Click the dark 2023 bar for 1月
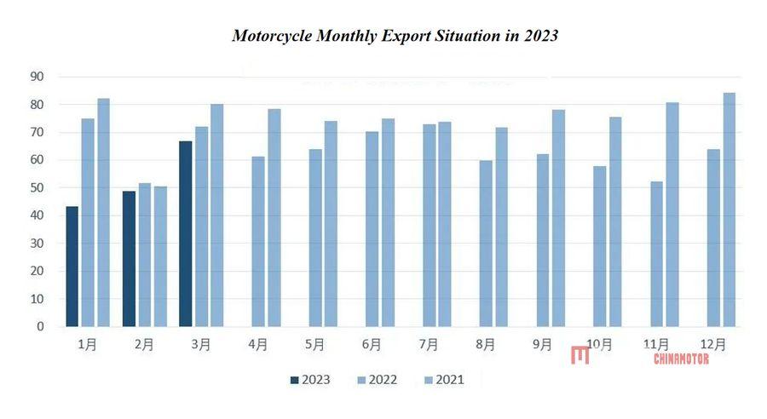click(x=72, y=267)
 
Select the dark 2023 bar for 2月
click(x=129, y=259)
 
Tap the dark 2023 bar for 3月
click(x=186, y=234)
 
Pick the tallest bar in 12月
click(x=730, y=209)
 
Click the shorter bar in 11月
click(x=656, y=254)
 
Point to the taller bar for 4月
click(x=274, y=217)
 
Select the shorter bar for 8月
click(x=486, y=244)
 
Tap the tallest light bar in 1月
click(x=103, y=212)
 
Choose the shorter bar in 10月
click(x=600, y=246)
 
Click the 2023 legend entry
click(x=310, y=380)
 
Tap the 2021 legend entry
click(x=443, y=380)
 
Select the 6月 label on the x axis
click(x=372, y=345)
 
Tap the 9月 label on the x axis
click(x=542, y=345)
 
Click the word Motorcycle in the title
click(x=272, y=37)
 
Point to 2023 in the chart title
click(x=542, y=37)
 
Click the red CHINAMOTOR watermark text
click(x=681, y=359)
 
